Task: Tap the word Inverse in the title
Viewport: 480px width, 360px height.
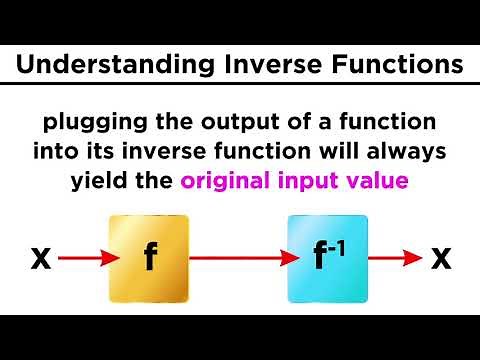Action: click(x=264, y=67)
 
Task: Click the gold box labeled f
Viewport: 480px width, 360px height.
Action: click(x=148, y=259)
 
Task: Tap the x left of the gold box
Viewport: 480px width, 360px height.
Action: click(x=41, y=259)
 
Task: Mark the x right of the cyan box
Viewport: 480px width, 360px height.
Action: click(x=440, y=259)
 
